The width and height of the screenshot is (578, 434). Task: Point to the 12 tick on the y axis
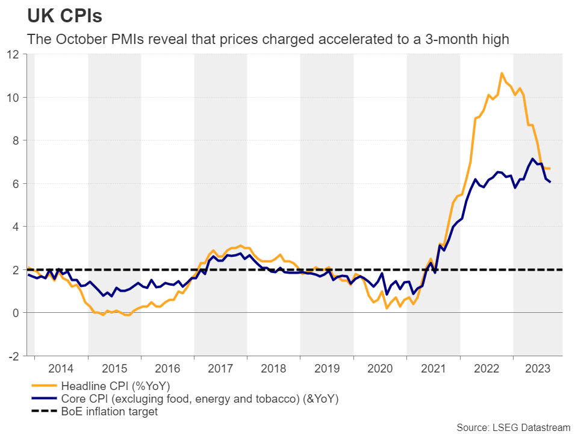(14, 54)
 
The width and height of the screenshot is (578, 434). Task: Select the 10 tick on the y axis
(14, 98)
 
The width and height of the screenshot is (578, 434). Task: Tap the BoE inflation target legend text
(109, 412)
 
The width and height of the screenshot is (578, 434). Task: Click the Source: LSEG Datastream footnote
(513, 427)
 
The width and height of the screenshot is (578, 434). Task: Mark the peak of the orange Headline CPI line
(502, 73)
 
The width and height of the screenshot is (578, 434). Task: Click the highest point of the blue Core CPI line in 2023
(532, 159)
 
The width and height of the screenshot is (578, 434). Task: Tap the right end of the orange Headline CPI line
(550, 168)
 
